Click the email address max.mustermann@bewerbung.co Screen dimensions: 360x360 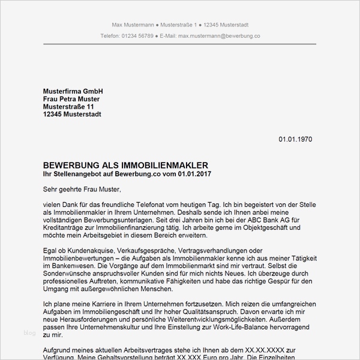point(218,36)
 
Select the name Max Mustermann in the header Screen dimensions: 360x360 point(133,25)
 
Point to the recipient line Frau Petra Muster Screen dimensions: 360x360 point(71,99)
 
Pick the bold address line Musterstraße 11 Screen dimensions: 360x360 point(68,107)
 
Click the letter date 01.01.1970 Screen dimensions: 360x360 point(295,139)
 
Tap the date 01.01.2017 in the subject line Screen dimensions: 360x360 point(194,173)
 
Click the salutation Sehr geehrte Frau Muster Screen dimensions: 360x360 point(82,190)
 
